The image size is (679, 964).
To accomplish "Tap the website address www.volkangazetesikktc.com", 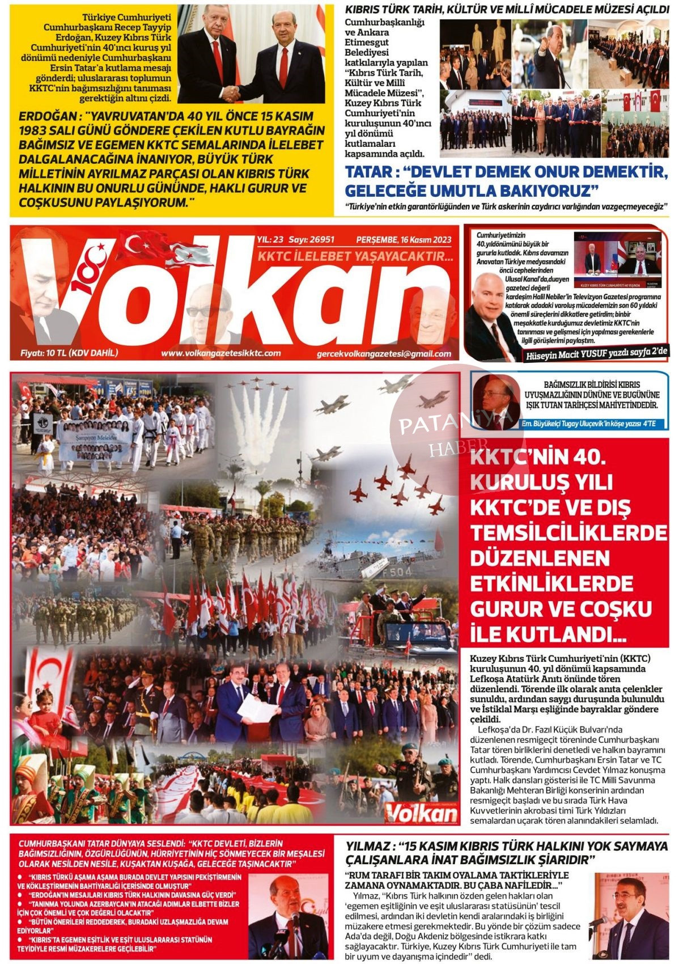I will click(220, 353).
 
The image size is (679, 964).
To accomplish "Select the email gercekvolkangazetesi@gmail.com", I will click(384, 354).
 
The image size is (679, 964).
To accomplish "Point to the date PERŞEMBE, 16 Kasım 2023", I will click(404, 240).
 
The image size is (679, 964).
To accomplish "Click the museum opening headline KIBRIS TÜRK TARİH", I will click(507, 10).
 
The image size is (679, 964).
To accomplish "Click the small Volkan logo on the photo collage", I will click(421, 813).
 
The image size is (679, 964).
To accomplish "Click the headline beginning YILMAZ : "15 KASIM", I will click(506, 852).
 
